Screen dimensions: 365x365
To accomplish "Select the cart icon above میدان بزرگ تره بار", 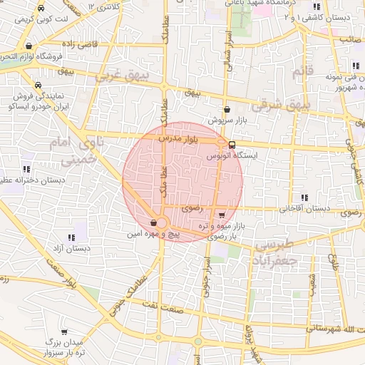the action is (x=65, y=332).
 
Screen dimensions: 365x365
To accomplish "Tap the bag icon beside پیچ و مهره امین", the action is (x=155, y=222).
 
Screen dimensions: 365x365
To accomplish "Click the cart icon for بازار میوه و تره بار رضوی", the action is (x=222, y=215).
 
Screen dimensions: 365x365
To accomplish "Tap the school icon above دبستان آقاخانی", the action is (x=304, y=197).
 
